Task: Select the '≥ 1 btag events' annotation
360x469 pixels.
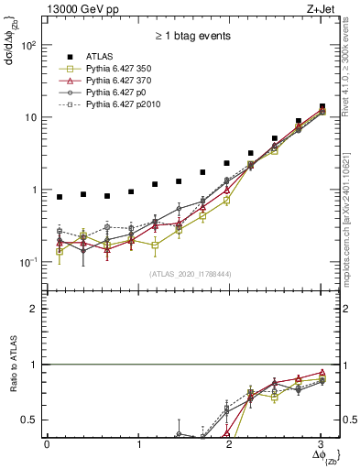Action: [192, 36]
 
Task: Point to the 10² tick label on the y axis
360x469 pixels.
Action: [30, 45]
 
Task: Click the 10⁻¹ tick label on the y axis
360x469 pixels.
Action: [30, 262]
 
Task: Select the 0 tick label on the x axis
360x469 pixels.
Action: [47, 444]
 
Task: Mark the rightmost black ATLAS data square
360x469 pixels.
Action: [322, 106]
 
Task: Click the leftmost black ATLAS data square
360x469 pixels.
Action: [60, 197]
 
